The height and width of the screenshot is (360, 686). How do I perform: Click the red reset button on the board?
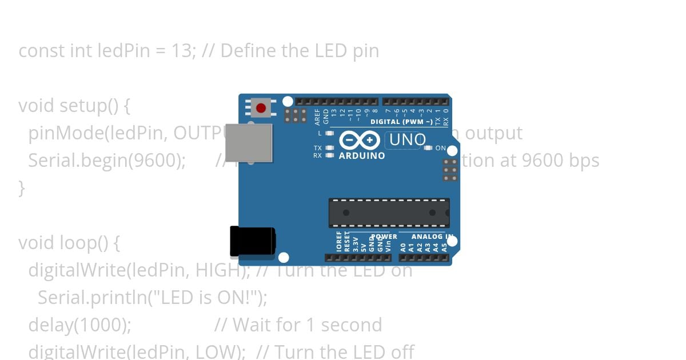[x=261, y=108]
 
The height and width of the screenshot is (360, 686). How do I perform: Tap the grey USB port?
[x=249, y=142]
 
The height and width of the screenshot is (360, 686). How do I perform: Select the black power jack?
[x=252, y=242]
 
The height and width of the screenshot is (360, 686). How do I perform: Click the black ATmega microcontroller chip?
[x=389, y=213]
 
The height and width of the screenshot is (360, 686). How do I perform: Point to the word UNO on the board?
[x=407, y=140]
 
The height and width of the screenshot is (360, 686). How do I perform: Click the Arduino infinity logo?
[x=360, y=140]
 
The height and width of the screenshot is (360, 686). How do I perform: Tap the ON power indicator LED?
[x=428, y=148]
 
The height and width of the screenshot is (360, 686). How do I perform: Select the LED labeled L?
[x=329, y=133]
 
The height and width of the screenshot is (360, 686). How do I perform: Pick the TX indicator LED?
[x=329, y=148]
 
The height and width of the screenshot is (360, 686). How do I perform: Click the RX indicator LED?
[x=329, y=155]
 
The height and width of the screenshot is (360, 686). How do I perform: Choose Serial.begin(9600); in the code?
[x=107, y=161]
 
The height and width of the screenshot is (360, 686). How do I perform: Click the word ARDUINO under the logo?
[x=362, y=155]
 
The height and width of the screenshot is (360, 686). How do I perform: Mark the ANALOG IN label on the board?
[x=432, y=237]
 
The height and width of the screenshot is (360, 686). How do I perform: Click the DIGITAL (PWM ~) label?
[x=405, y=122]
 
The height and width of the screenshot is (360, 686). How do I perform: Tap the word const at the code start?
[x=42, y=51]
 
